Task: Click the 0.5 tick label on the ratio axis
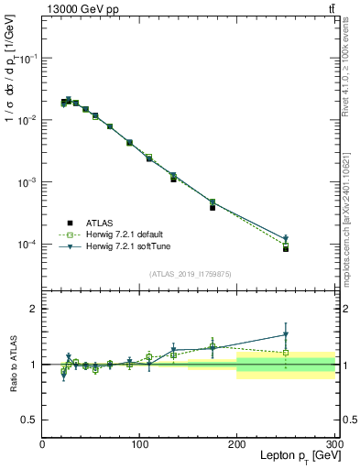[29, 420]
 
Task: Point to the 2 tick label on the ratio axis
[34, 309]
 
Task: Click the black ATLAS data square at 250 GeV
[286, 248]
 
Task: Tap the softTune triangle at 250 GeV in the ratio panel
[286, 334]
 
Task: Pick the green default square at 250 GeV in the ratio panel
[286, 353]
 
